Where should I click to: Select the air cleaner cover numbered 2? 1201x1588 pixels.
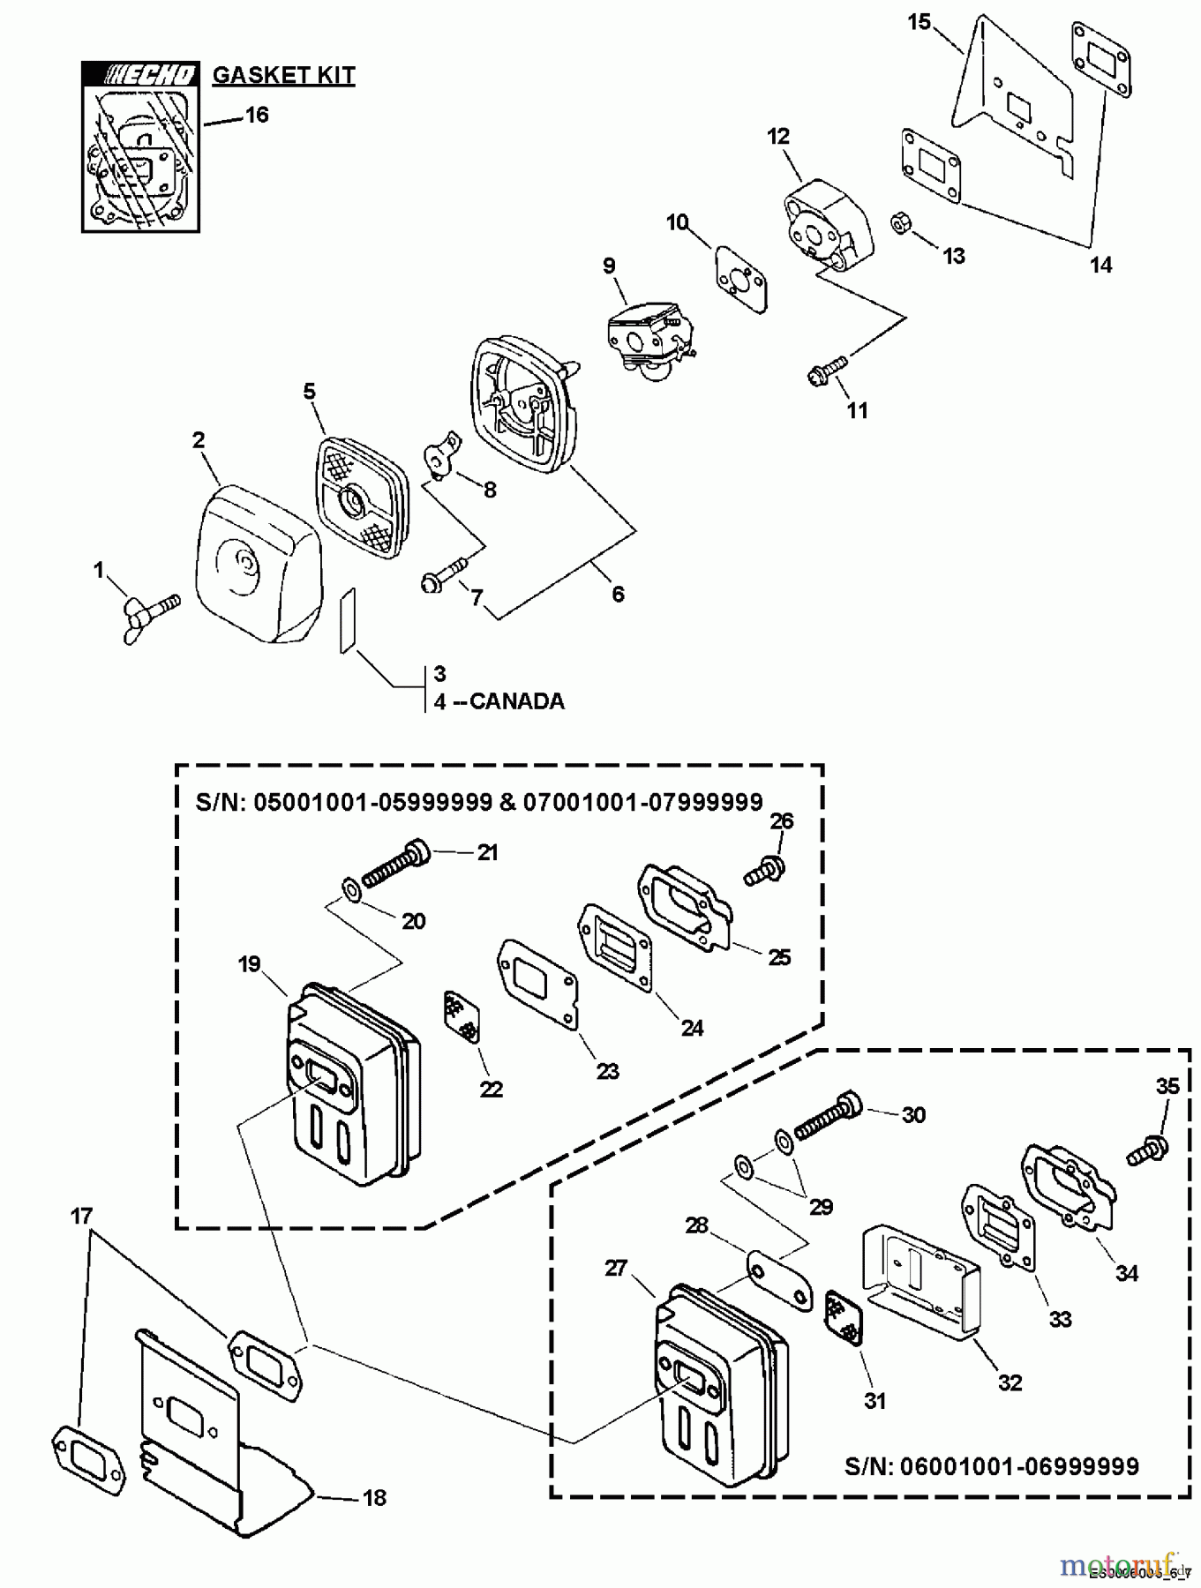[x=256, y=564]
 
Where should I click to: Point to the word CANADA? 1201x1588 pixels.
[x=516, y=701]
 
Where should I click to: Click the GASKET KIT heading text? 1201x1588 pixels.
[x=283, y=75]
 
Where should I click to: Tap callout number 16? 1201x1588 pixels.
[x=256, y=115]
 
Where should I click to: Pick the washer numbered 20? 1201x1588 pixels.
[x=350, y=885]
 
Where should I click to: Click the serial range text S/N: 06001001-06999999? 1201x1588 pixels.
[x=991, y=1466]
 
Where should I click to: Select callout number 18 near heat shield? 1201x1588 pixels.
[x=374, y=1497]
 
